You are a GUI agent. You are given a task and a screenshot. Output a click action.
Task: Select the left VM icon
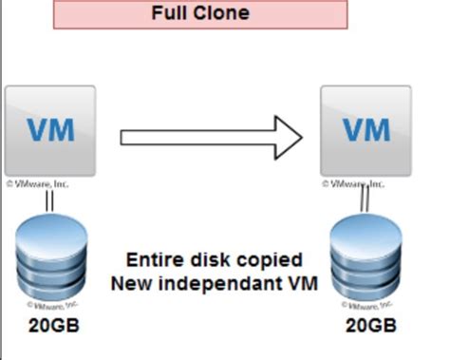50,129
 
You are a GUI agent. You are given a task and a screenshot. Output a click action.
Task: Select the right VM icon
365,129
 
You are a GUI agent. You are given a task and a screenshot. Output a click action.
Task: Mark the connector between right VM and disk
366,201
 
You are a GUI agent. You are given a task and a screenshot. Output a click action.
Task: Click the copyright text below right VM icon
353,182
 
